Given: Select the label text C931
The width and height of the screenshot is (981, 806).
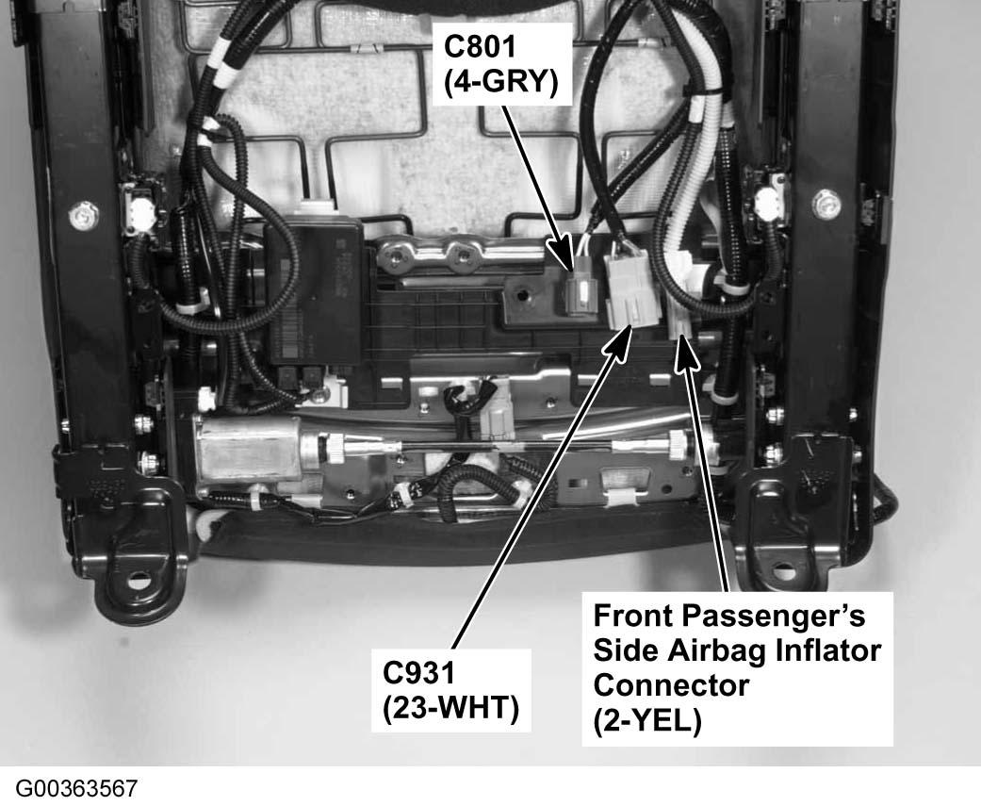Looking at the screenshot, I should click(x=419, y=673).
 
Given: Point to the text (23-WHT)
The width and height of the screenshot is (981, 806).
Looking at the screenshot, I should click(x=451, y=708).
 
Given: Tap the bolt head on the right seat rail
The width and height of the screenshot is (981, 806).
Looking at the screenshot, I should click(x=827, y=200).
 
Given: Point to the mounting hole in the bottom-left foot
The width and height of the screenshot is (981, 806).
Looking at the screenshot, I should click(x=139, y=577).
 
